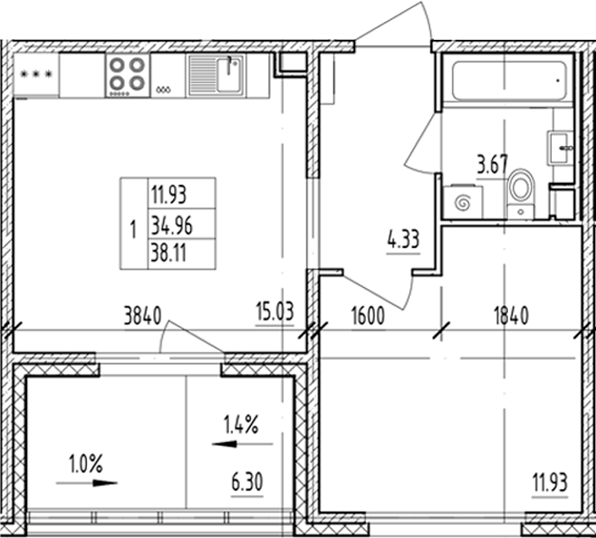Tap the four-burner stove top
tap(127, 74)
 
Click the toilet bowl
tap(521, 191)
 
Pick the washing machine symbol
tap(463, 201)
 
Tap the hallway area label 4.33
tap(403, 242)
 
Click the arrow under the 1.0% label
tap(87, 483)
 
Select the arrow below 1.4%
tap(241, 444)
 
